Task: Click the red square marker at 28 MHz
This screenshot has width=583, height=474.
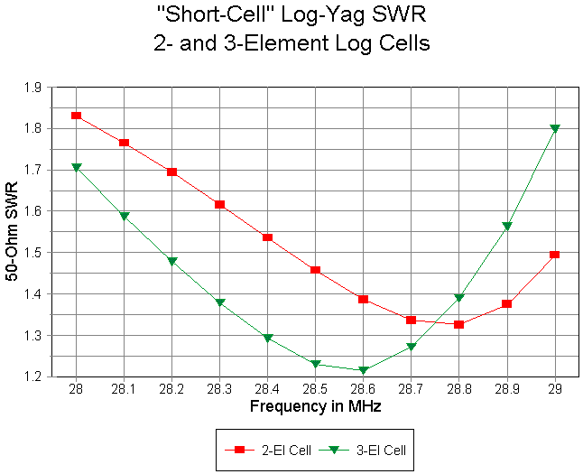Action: coord(76,116)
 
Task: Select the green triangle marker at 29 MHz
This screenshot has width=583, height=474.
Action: coord(555,129)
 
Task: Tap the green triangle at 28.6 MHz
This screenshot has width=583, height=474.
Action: coord(363,370)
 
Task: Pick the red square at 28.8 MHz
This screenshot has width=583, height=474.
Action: coord(458,324)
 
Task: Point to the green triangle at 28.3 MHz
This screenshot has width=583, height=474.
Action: coord(219,302)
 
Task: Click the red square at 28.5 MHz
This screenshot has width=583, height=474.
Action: coord(315,270)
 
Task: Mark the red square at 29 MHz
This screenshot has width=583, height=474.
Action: coord(554,255)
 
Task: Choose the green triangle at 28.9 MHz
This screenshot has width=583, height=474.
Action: coord(507,226)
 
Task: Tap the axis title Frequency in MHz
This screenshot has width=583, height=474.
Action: coord(315,407)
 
